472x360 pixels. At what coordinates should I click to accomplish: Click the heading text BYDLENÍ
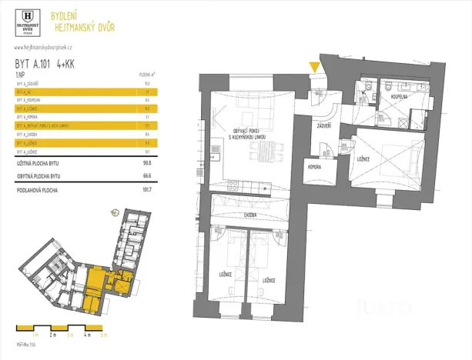pos(63,15)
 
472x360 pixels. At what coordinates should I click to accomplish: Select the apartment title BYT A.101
pos(33,65)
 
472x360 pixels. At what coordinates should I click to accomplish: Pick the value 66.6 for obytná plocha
pos(146,176)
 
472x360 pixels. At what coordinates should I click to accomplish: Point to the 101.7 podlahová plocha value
pos(146,188)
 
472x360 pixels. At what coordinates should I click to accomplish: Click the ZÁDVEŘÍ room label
pos(324,125)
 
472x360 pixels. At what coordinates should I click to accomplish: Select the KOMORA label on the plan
pos(313,166)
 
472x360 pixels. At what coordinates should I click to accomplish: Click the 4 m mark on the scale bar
pos(89,336)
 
